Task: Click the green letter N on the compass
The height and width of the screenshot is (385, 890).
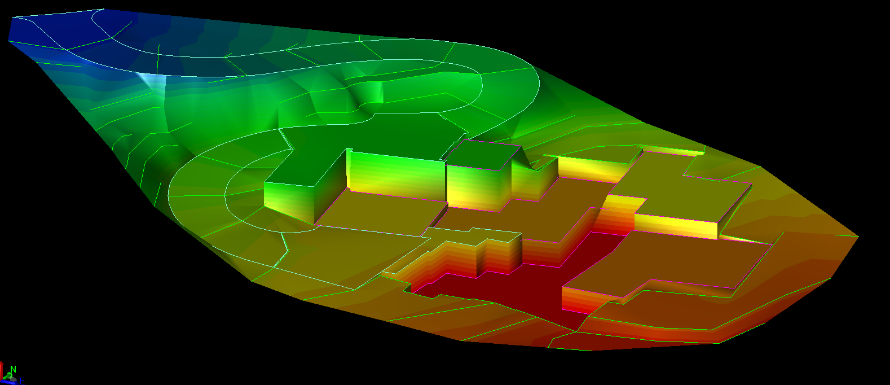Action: pyautogui.click(x=13, y=369)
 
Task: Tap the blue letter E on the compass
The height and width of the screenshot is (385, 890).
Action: pyautogui.click(x=22, y=381)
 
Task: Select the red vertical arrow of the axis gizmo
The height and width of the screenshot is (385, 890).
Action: pyautogui.click(x=2, y=370)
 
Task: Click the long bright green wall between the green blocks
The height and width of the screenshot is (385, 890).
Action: pyautogui.click(x=396, y=174)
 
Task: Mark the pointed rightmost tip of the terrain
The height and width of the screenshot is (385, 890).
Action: pyautogui.click(x=857, y=236)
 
